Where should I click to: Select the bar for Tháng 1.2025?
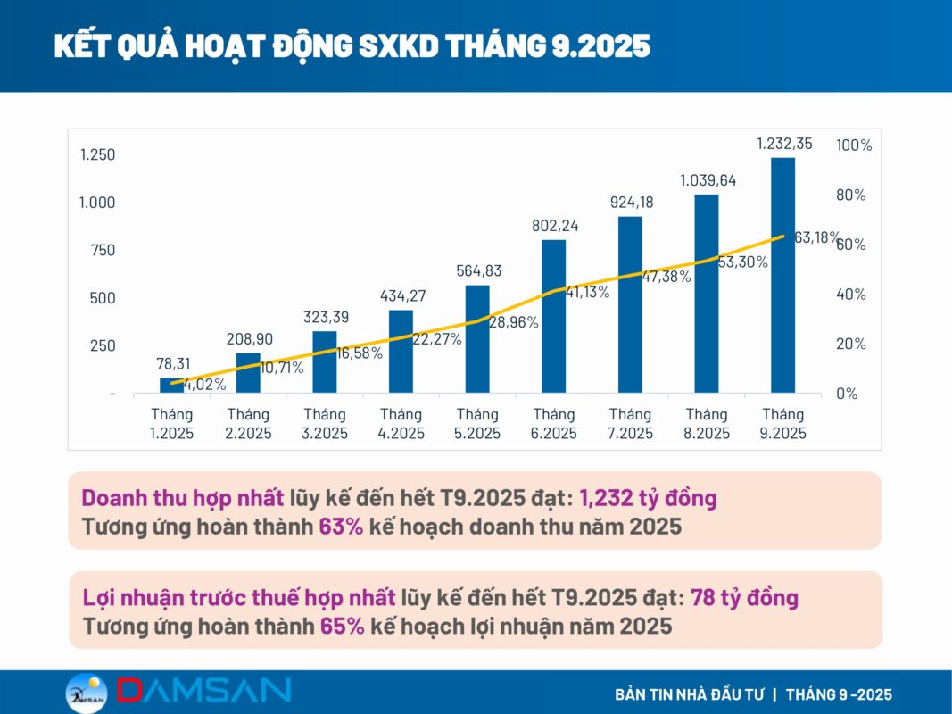click(172, 385)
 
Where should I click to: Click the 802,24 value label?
click(553, 227)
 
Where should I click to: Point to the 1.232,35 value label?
click(784, 144)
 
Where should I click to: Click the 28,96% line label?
click(513, 322)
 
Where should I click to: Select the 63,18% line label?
click(817, 237)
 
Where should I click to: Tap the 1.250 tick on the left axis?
click(98, 155)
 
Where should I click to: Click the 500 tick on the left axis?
click(103, 298)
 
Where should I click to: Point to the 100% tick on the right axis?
click(854, 145)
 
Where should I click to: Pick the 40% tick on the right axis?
click(851, 295)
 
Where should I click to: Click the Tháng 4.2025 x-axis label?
click(401, 424)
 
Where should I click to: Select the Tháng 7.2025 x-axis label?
click(630, 424)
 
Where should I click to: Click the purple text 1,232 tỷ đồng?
click(648, 498)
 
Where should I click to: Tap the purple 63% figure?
click(341, 527)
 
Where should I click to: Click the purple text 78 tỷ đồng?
click(744, 597)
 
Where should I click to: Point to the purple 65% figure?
click(343, 626)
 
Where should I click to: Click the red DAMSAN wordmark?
click(203, 691)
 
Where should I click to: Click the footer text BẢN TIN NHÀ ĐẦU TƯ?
click(688, 694)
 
